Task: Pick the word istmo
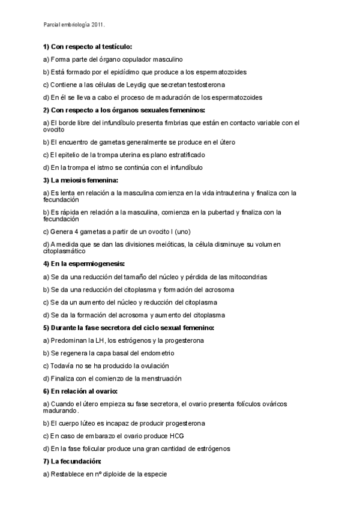(x=109, y=167)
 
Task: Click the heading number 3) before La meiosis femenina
(x=46, y=180)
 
